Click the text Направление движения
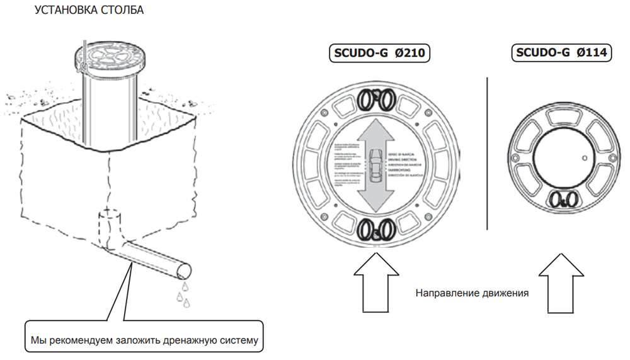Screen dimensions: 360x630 pos(471,293)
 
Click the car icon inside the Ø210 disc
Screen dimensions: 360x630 pos(377,166)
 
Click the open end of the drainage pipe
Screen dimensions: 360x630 pos(184,272)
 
